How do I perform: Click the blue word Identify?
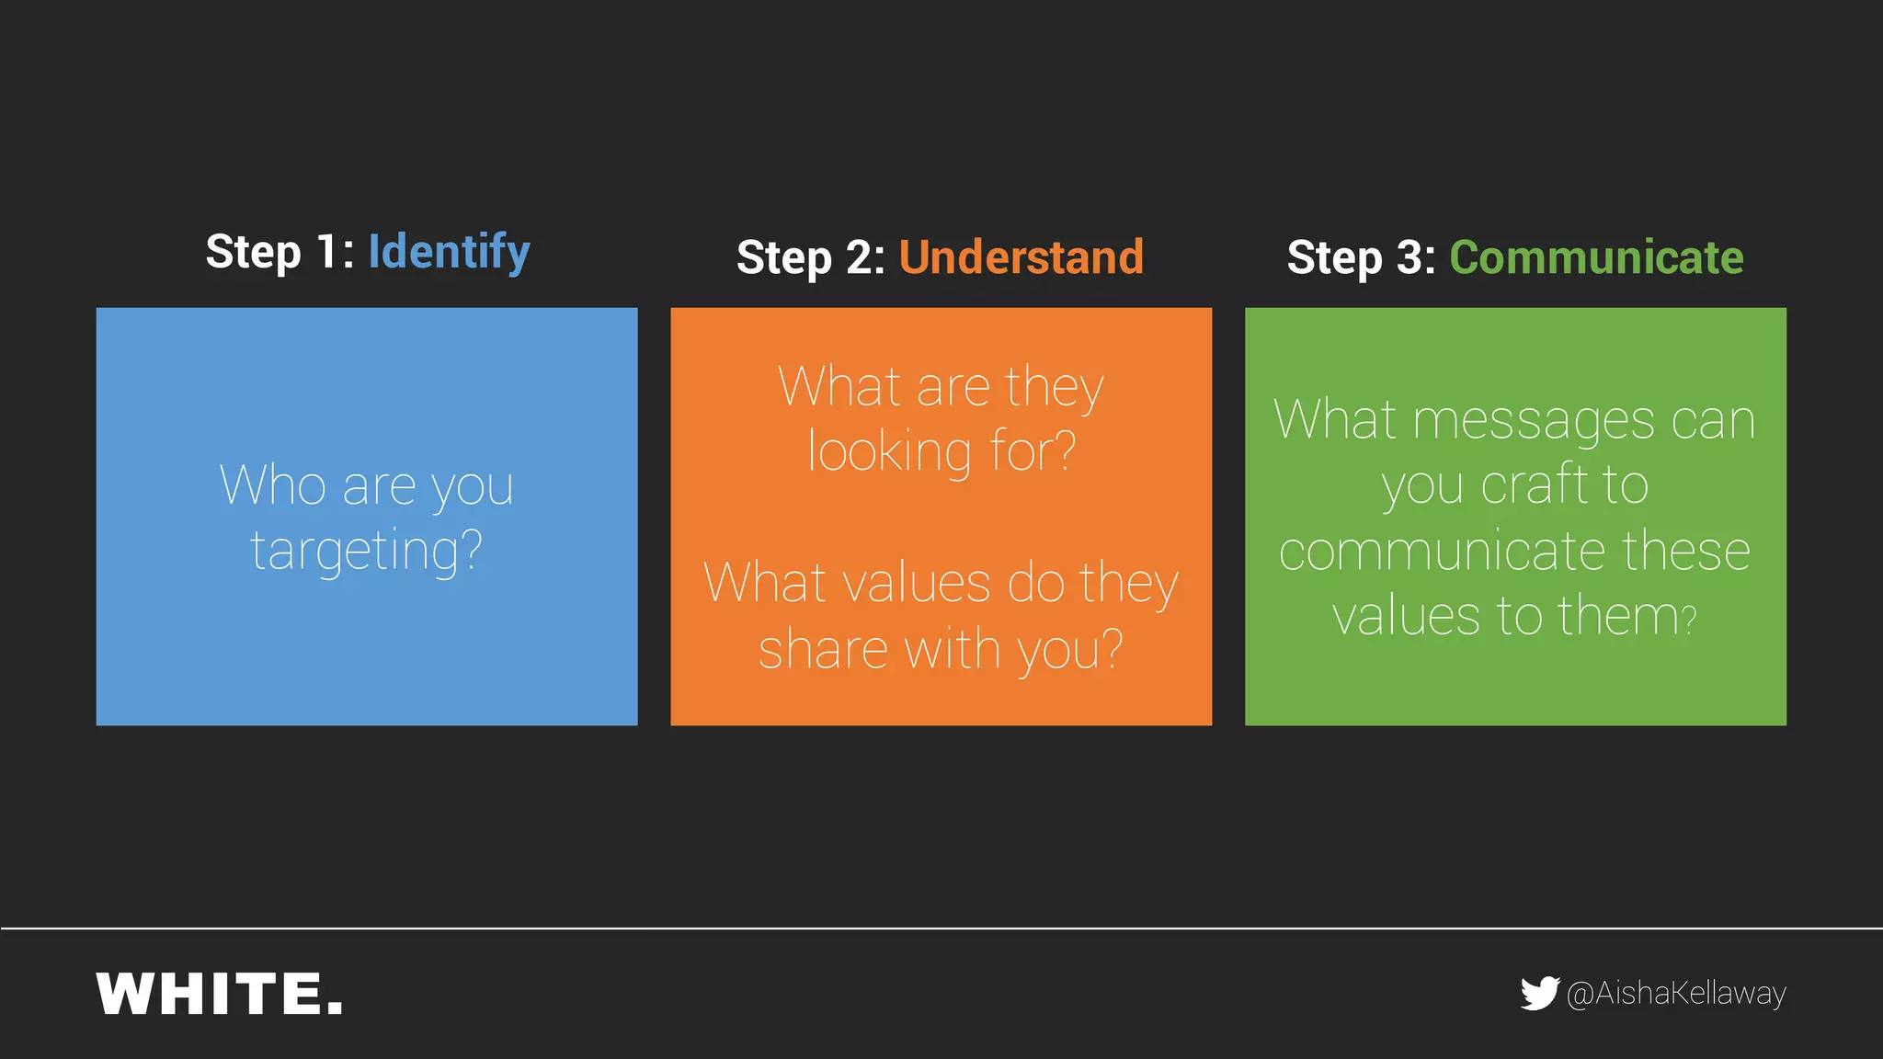tap(449, 251)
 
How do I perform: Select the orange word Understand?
tap(1021, 256)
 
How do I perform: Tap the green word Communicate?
tap(1596, 256)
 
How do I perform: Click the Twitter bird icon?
tap(1539, 993)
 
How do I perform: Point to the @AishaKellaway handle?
tap(1676, 994)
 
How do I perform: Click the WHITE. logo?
tap(220, 994)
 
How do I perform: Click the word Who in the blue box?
tap(273, 485)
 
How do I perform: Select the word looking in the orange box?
tap(889, 451)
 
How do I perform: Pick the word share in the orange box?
tap(823, 649)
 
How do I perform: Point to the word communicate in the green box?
tap(1442, 551)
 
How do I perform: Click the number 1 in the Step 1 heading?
tap(327, 251)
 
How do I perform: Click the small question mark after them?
tap(1688, 620)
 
